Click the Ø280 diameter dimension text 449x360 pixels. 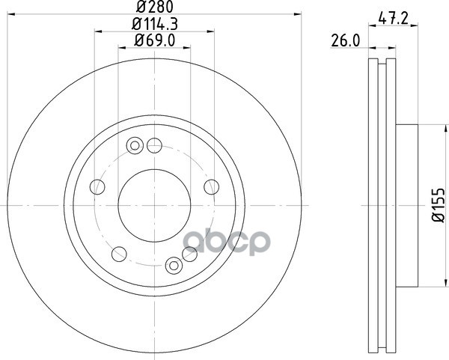[155, 7]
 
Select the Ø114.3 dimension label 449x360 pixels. [155, 24]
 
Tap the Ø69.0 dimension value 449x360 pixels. [155, 40]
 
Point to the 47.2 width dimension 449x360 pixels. [393, 19]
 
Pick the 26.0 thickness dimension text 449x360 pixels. [345, 41]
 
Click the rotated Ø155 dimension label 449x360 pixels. [439, 205]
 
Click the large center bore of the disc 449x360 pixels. [154, 205]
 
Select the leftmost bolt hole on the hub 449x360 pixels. [97, 187]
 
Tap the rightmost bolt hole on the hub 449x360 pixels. [212, 187]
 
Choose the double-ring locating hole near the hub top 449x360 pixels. [135, 146]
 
